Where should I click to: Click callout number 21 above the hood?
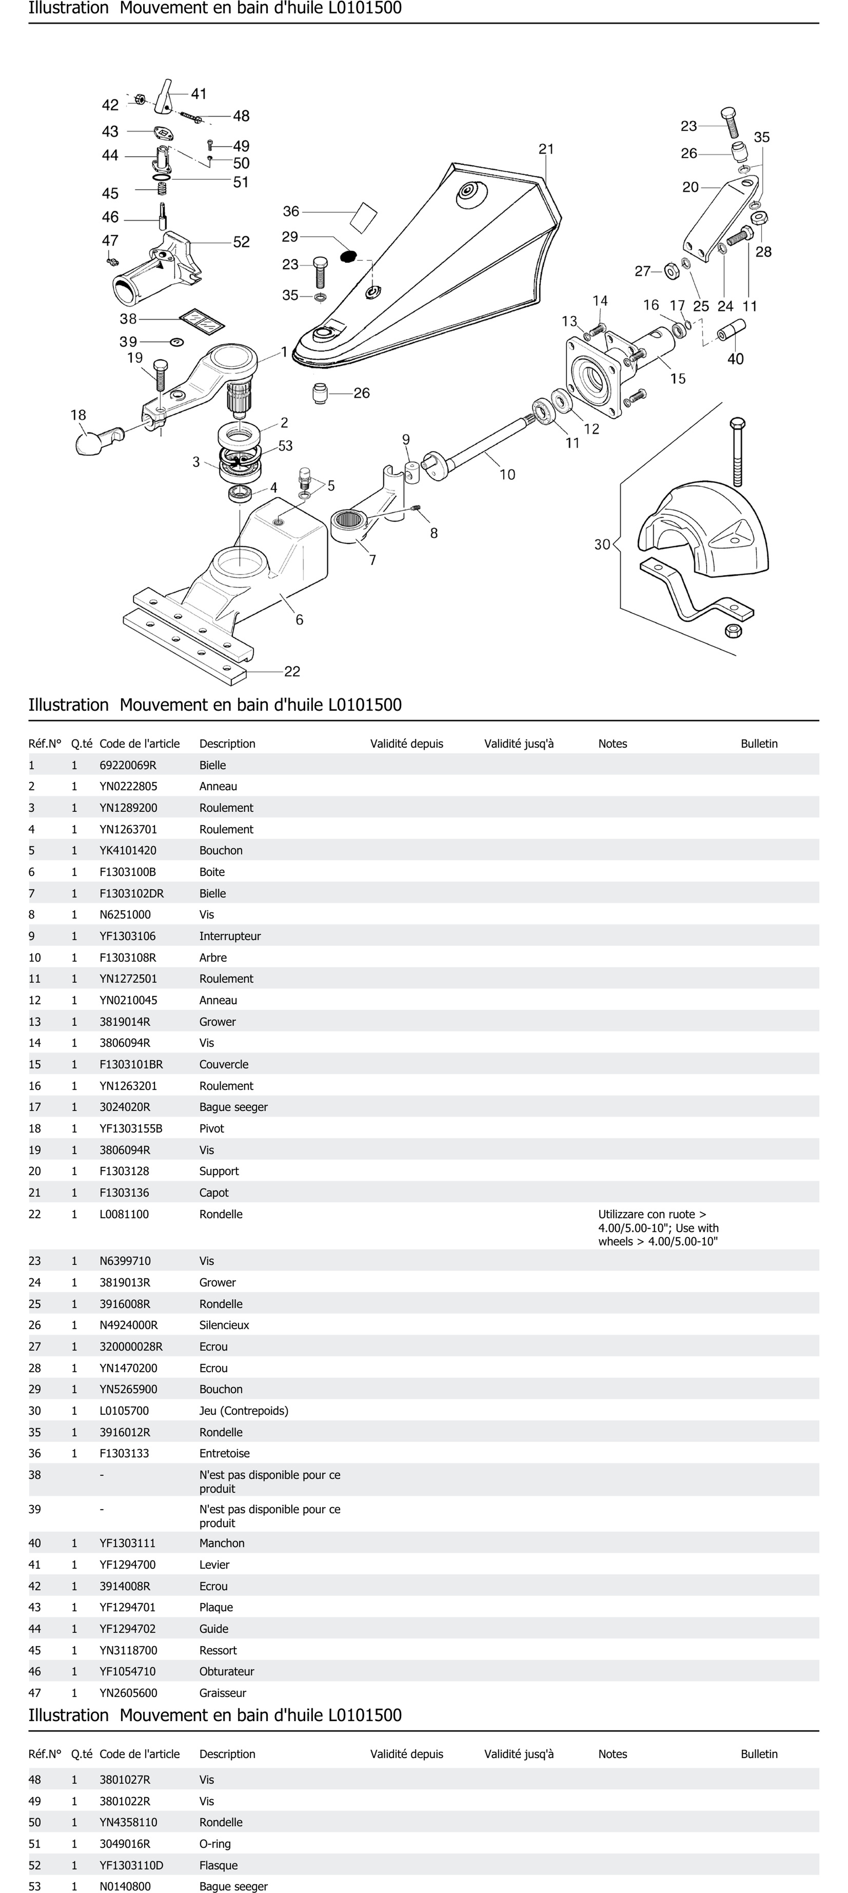coord(546,149)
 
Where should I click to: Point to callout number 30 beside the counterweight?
coord(602,544)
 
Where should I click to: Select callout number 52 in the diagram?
coord(241,242)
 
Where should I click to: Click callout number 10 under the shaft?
coord(507,475)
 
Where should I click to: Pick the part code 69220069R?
coord(128,765)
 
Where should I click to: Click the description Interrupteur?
coord(229,936)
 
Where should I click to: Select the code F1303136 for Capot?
coord(124,1193)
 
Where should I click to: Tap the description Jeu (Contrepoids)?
coord(243,1411)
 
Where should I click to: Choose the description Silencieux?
coord(224,1325)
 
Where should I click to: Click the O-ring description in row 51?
coord(215,1844)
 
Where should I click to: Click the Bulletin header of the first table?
coord(758,744)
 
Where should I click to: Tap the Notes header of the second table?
coord(612,1754)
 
